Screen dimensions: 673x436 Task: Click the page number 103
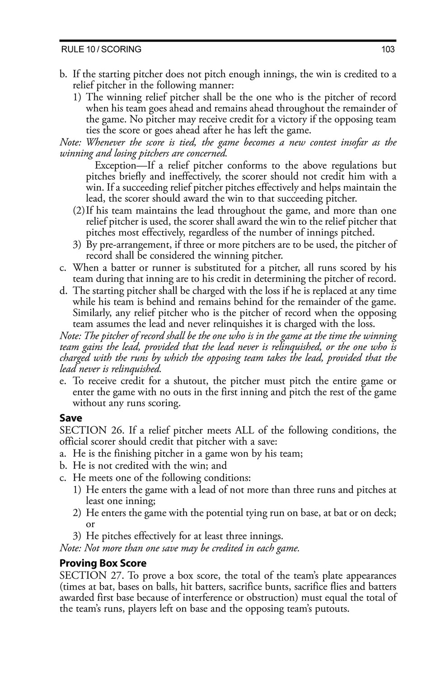pos(388,50)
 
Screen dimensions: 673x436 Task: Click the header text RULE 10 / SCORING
pos(101,50)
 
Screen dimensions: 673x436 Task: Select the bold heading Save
pos(71,418)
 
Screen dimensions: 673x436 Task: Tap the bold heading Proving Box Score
pos(103,563)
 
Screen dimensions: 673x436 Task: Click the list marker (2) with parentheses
pos(79,211)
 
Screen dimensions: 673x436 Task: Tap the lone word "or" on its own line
pos(90,524)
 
